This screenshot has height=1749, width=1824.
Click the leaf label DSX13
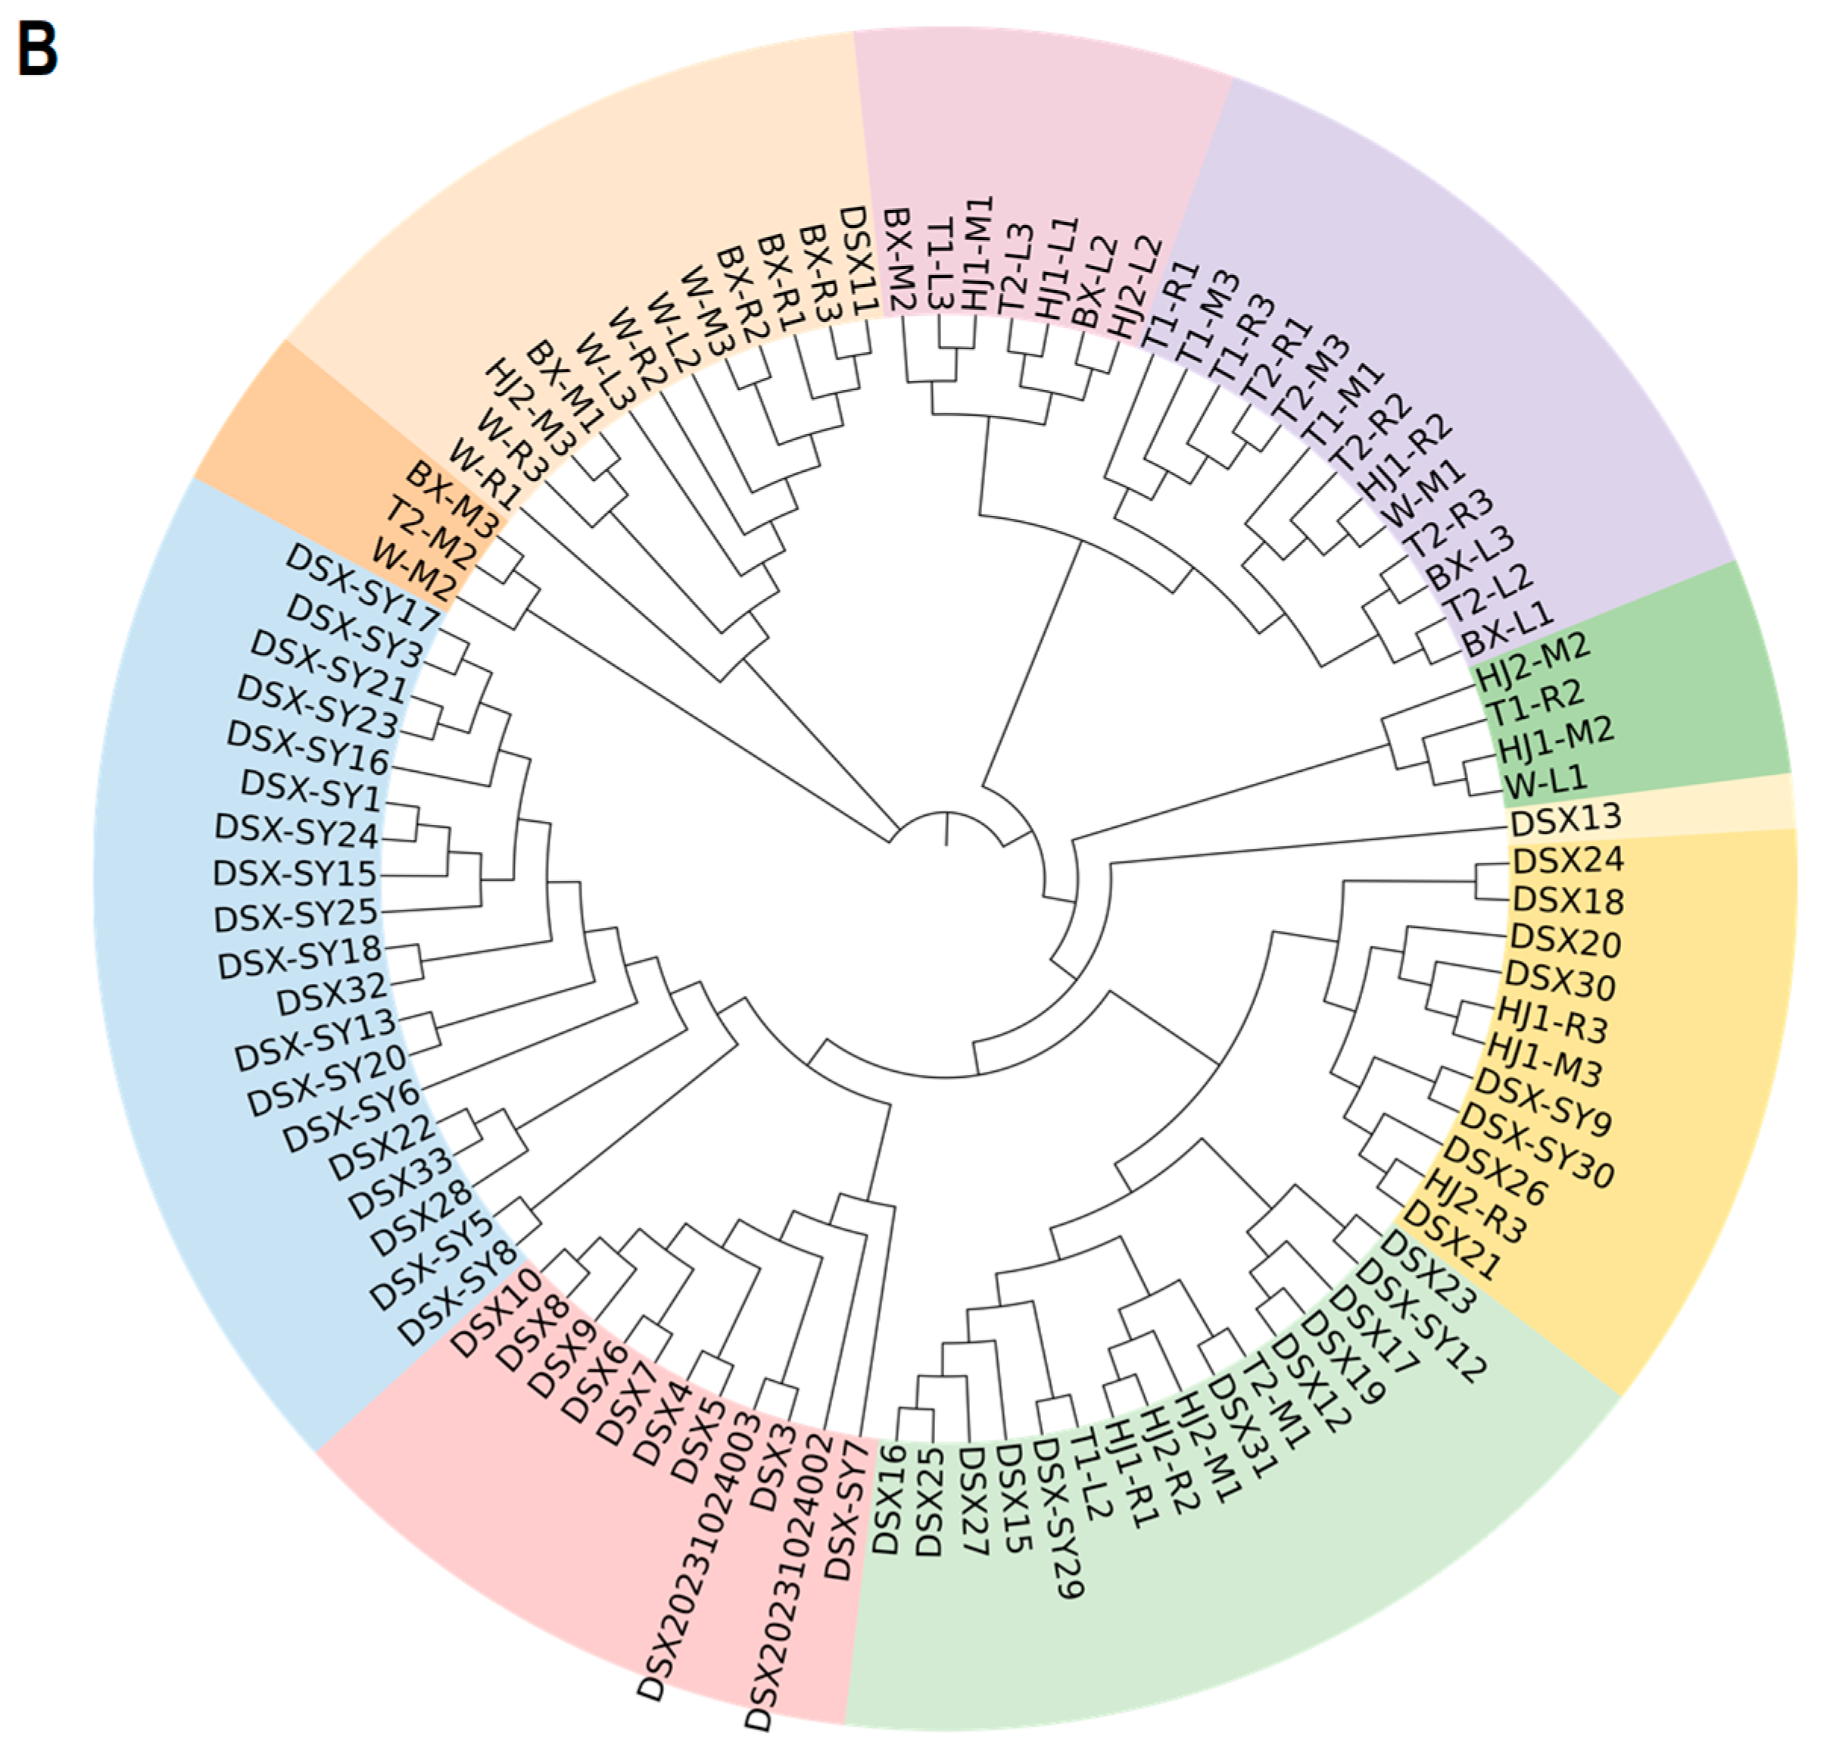pos(1565,820)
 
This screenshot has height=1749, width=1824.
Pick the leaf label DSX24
pos(1568,859)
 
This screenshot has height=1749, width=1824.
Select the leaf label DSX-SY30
pos(1544,1148)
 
